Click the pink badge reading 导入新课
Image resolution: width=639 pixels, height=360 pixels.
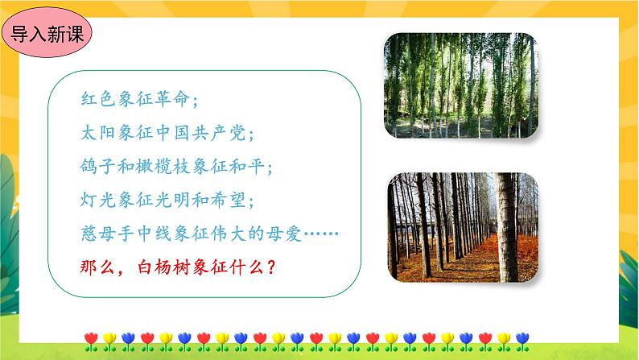click(47, 35)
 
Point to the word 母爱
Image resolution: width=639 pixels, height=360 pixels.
click(295, 234)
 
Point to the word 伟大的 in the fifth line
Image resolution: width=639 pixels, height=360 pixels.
click(248, 234)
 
